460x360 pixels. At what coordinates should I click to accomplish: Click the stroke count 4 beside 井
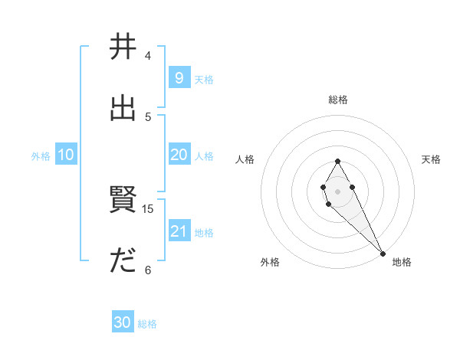[x=148, y=56]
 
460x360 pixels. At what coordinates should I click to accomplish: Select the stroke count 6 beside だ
[x=148, y=270]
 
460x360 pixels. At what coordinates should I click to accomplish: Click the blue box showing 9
[x=179, y=78]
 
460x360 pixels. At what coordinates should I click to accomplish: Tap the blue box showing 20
[x=179, y=155]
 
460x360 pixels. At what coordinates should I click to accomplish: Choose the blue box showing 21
[x=179, y=231]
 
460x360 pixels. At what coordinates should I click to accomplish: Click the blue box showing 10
[x=66, y=155]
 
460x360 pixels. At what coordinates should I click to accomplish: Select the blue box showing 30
[x=122, y=322]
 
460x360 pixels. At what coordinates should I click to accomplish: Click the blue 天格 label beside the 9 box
[x=203, y=79]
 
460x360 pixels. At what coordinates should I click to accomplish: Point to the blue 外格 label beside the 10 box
[x=41, y=155]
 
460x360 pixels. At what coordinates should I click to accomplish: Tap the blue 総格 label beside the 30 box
[x=147, y=324]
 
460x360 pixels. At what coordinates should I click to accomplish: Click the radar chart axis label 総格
[x=338, y=100]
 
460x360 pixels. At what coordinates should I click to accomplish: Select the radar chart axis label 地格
[x=402, y=262]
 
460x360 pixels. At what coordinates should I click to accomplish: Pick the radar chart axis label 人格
[x=245, y=159]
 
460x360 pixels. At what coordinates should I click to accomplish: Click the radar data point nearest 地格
[x=383, y=254]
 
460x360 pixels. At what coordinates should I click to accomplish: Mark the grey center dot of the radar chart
[x=337, y=191]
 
